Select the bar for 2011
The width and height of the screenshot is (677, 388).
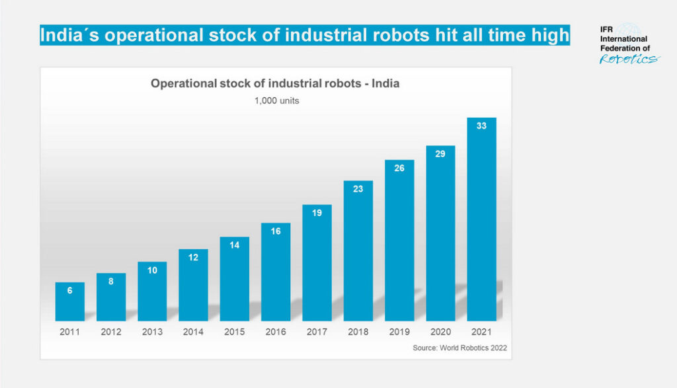pyautogui.click(x=69, y=302)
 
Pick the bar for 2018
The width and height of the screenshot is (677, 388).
pyautogui.click(x=358, y=251)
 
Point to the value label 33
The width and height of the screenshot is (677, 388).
pyautogui.click(x=481, y=126)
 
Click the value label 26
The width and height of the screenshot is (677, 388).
pyautogui.click(x=399, y=168)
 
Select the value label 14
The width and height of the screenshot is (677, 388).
pyautogui.click(x=234, y=245)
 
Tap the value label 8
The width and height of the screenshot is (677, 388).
pyautogui.click(x=110, y=281)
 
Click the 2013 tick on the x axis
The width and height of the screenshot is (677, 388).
pyautogui.click(x=152, y=332)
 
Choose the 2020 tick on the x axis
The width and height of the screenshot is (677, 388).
pyautogui.click(x=440, y=332)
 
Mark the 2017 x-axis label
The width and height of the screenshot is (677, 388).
pyautogui.click(x=317, y=332)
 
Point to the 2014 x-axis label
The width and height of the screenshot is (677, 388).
pyautogui.click(x=193, y=332)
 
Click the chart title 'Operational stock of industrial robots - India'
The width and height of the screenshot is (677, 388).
pyautogui.click(x=275, y=84)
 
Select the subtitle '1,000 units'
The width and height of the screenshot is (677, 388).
pyautogui.click(x=276, y=101)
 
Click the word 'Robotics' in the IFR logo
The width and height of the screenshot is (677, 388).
pyautogui.click(x=629, y=59)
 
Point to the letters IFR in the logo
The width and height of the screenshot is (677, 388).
pyautogui.click(x=606, y=30)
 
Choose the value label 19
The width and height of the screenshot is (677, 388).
pyautogui.click(x=317, y=213)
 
